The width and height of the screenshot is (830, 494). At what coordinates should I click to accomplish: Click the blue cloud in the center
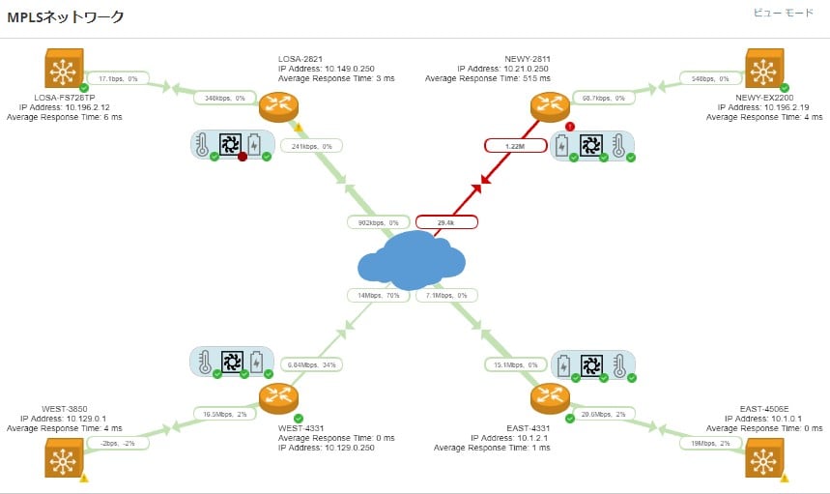(x=412, y=259)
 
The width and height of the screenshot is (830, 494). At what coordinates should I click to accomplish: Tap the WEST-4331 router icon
(x=278, y=397)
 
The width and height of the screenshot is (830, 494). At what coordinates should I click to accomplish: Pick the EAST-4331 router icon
(x=549, y=397)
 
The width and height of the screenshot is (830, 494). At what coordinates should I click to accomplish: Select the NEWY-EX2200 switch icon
(x=763, y=69)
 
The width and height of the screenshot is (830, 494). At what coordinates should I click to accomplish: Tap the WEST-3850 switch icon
(x=64, y=457)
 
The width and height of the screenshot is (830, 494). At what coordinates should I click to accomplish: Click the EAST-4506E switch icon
(x=764, y=457)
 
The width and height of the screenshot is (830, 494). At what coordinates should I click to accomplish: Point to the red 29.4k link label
(x=445, y=221)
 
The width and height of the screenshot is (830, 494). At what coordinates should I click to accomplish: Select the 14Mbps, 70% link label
(x=377, y=295)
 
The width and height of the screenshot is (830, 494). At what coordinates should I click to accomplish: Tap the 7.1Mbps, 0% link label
(x=445, y=295)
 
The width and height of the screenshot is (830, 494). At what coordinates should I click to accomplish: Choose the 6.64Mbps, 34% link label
(x=312, y=364)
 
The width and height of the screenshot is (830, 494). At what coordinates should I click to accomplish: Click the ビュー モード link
(x=784, y=14)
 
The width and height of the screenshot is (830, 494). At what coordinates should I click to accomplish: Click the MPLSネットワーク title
(x=65, y=17)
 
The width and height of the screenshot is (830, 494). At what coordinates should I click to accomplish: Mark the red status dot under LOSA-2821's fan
(x=243, y=157)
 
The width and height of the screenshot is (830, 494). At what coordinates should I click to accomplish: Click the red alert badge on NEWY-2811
(x=569, y=126)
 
